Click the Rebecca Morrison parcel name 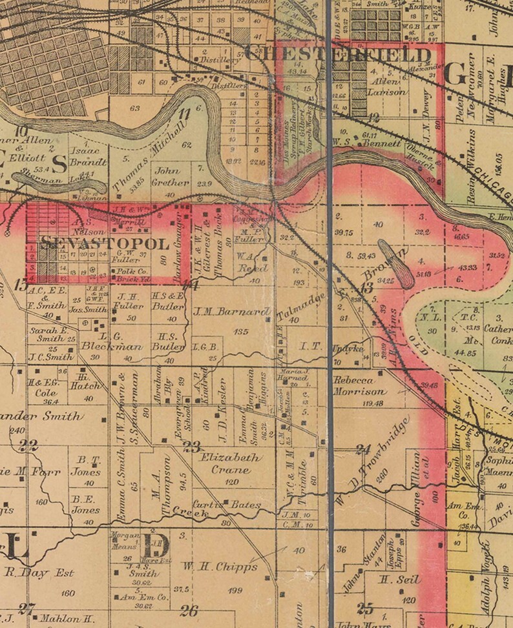click(x=361, y=386)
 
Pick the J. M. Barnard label click(x=231, y=312)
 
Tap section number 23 click(x=191, y=446)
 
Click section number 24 click(x=363, y=449)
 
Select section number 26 click(x=189, y=609)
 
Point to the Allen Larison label click(x=386, y=86)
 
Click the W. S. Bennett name click(x=366, y=144)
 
